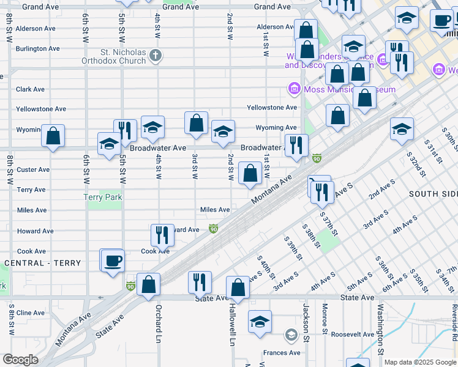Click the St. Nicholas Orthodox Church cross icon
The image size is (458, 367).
[156, 56]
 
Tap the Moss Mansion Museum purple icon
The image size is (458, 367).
[294, 90]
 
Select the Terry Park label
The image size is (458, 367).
[103, 197]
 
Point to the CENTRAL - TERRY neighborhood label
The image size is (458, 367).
[42, 263]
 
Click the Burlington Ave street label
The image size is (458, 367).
[37, 48]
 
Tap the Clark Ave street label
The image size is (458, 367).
[30, 89]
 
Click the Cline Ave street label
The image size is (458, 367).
[31, 313]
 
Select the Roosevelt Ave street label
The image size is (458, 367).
[352, 335]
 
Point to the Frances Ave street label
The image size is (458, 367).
[282, 353]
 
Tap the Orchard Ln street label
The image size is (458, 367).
[158, 324]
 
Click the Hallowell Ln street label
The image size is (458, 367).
[232, 324]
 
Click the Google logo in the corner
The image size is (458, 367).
[20, 360]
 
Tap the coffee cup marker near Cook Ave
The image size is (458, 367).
[112, 261]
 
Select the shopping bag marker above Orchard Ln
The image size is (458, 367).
[148, 284]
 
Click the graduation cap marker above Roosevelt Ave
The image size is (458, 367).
[260, 321]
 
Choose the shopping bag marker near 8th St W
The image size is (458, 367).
[53, 135]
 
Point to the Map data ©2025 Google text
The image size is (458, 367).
[420, 362]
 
